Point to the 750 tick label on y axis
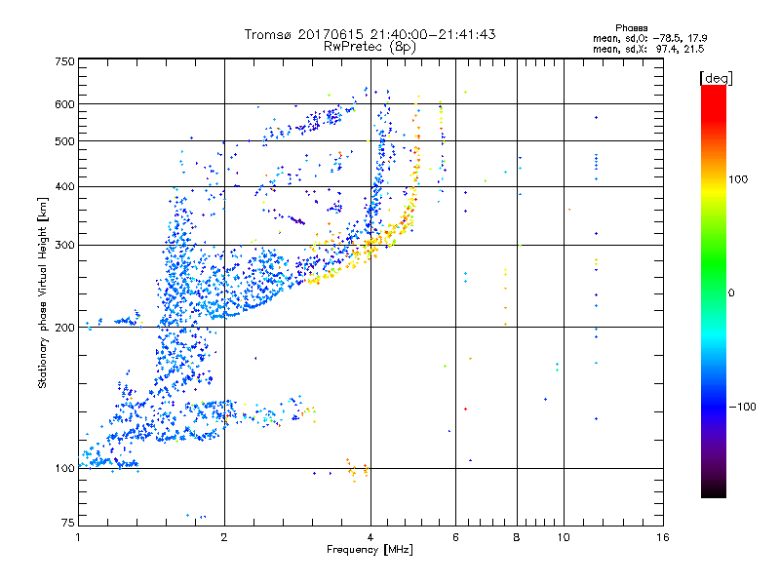click(x=65, y=61)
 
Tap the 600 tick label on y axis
click(x=65, y=104)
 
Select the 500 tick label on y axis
click(x=65, y=141)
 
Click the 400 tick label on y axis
click(x=65, y=187)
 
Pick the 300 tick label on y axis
click(x=65, y=246)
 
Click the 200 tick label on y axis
click(x=65, y=328)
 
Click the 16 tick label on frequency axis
click(x=662, y=537)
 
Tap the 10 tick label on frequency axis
click(x=563, y=537)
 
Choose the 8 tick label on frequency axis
click(x=517, y=537)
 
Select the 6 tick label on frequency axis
click(x=456, y=537)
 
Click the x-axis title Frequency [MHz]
click(x=370, y=551)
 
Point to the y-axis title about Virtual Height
click(x=43, y=293)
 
